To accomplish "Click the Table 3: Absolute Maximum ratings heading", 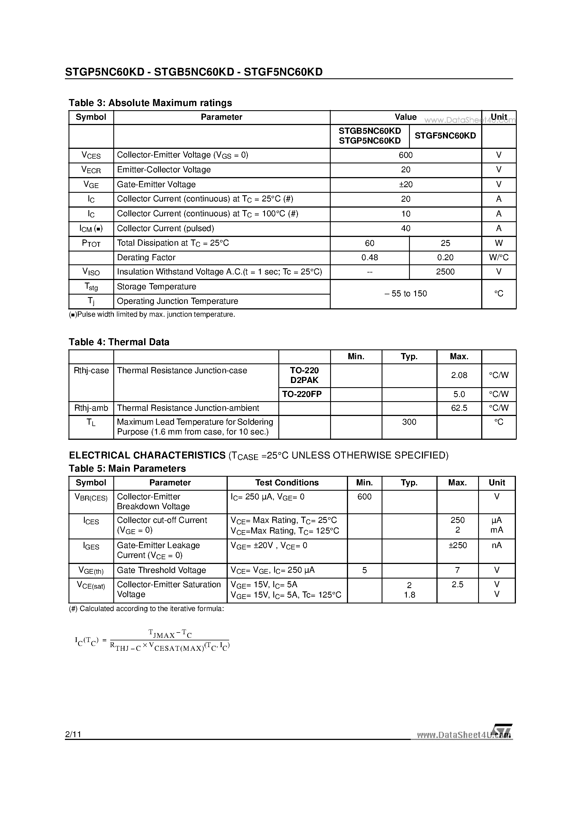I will pos(150,103).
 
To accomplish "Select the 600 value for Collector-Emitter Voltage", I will pos(406,155).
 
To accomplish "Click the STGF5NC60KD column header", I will pos(445,136).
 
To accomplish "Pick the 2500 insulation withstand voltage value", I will pos(445,272).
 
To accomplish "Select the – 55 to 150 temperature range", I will pos(406,293).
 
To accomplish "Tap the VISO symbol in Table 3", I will pos(91,272).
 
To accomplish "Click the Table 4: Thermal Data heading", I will pos(119,342).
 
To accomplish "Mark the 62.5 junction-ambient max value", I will pos(459,408).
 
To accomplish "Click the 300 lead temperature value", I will pos(409,422).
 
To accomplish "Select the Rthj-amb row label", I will pos(91,408).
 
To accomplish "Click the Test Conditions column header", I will pos(287,483).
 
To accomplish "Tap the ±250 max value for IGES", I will pos(457,546).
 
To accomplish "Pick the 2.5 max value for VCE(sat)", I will pos(457,585).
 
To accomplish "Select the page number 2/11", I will pos(73,734).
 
